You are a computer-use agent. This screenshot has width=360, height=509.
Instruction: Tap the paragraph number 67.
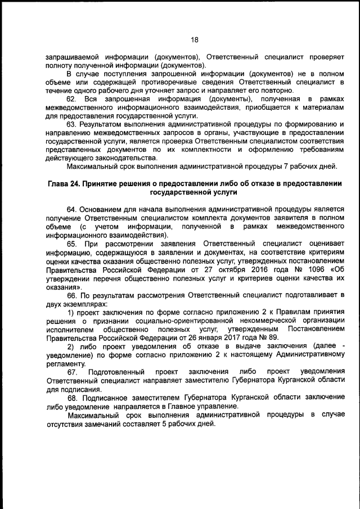[x=73, y=372]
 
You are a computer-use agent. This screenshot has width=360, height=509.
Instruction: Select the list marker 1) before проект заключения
[x=70, y=312]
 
